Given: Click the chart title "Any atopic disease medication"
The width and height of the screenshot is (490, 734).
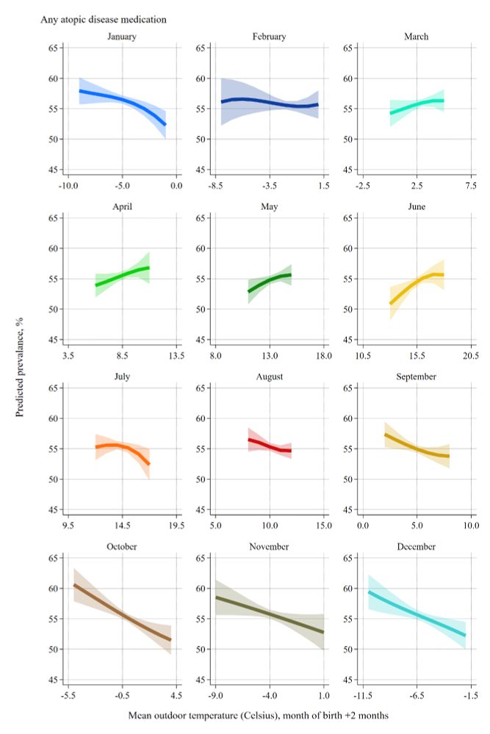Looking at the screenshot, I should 104,19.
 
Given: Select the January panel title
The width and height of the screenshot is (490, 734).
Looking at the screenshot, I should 121,37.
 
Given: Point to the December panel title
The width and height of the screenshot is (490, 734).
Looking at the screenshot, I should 416,547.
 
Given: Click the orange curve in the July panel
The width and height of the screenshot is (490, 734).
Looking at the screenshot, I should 122,446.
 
